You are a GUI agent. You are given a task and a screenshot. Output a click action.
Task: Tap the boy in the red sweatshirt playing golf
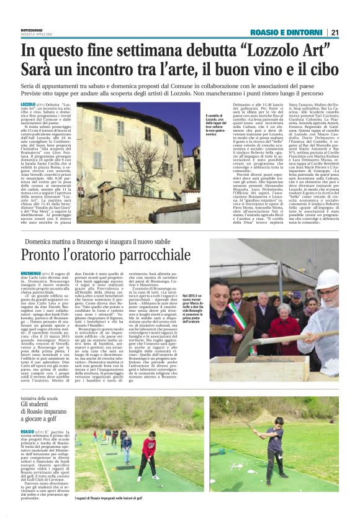[x=149, y=454]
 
